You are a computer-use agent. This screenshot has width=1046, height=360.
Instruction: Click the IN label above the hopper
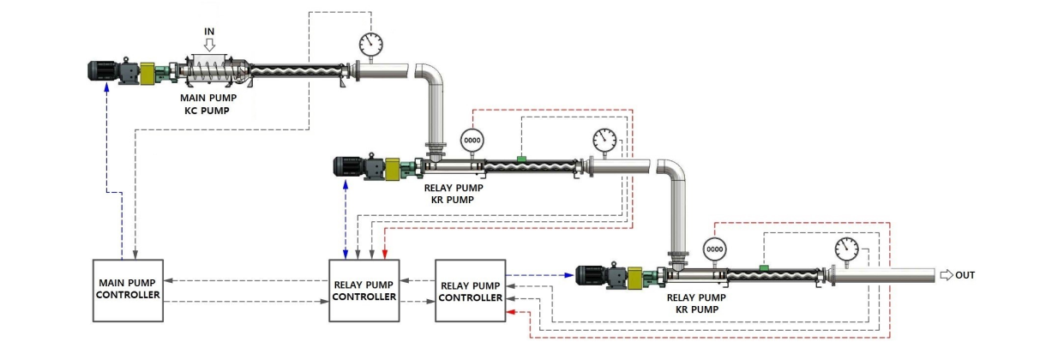(208, 31)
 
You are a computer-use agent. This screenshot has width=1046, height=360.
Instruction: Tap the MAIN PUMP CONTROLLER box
(128, 288)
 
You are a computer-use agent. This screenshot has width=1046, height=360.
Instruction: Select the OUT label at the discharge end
(965, 275)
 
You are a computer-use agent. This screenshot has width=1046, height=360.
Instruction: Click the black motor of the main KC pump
(104, 71)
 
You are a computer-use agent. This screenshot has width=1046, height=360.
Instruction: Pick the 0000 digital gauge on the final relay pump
(713, 249)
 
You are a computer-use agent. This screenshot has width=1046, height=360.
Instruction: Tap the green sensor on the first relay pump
(520, 158)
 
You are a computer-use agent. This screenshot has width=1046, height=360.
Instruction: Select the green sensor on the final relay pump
(762, 267)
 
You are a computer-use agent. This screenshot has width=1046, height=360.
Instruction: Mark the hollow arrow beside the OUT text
(946, 275)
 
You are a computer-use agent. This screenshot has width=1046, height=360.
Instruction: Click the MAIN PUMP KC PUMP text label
(208, 105)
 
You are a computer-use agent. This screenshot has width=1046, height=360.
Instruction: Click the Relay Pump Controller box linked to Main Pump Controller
(364, 290)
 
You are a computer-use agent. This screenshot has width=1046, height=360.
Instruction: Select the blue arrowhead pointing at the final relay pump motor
(568, 275)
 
